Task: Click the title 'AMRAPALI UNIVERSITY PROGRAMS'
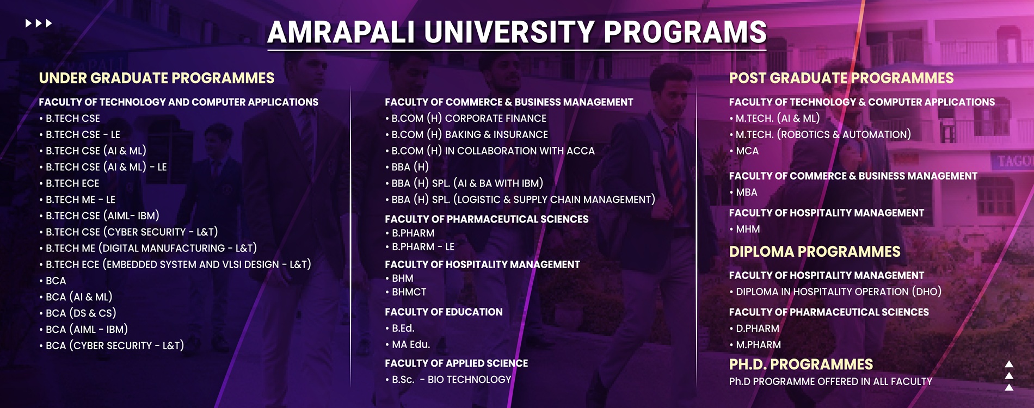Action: (x=517, y=32)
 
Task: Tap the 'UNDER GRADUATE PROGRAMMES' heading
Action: (x=157, y=78)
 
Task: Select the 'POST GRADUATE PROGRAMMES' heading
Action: (x=841, y=78)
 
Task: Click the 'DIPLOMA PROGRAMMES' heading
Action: (x=815, y=252)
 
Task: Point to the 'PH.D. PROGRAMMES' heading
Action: (x=801, y=364)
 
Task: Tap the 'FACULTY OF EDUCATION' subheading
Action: (x=444, y=312)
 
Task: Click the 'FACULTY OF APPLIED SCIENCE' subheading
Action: (x=457, y=363)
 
